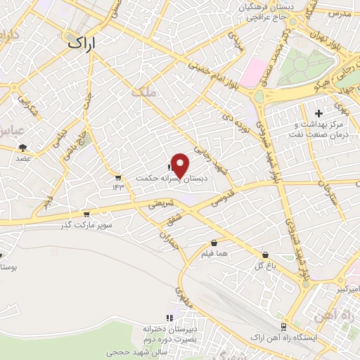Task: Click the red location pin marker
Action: click(x=180, y=165)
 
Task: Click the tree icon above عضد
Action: click(x=22, y=148)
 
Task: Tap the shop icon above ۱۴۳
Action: click(x=117, y=176)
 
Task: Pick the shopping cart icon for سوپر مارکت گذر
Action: click(x=86, y=214)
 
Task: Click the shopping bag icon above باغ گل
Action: click(x=265, y=255)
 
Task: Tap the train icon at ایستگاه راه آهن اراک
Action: click(x=283, y=327)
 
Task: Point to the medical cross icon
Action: click(x=319, y=112)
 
